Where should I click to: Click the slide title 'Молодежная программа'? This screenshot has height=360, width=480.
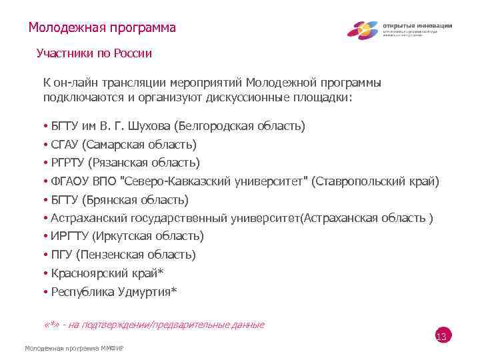tap(102, 28)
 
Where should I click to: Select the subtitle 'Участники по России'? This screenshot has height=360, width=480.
tap(94, 53)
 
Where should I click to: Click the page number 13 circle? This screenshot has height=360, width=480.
tap(441, 337)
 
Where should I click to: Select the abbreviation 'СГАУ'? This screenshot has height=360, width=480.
tap(65, 145)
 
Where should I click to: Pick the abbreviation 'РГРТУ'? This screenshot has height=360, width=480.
tap(69, 163)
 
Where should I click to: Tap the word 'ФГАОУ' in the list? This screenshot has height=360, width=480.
tap(70, 181)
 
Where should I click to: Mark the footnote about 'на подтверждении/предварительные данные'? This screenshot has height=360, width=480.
tap(153, 325)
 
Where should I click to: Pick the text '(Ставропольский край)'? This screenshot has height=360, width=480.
tap(375, 181)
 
